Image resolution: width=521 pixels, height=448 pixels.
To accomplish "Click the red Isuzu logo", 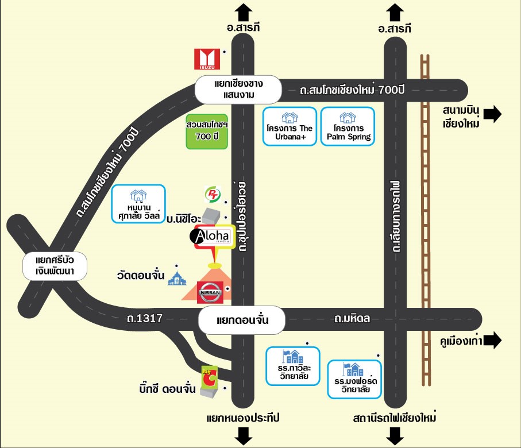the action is pyautogui.click(x=207, y=59).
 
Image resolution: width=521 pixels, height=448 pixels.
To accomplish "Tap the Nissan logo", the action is pyautogui.click(x=210, y=292).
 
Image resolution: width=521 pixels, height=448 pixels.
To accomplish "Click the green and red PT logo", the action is pyautogui.click(x=213, y=194).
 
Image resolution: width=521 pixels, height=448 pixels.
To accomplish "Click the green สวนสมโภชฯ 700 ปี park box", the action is pyautogui.click(x=207, y=132).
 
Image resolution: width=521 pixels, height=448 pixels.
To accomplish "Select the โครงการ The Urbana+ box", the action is pyautogui.click(x=290, y=126).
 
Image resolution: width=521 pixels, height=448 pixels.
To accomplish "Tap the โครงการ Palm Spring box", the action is pyautogui.click(x=348, y=126).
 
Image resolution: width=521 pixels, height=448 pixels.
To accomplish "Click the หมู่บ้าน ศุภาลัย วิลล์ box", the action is pyautogui.click(x=138, y=204).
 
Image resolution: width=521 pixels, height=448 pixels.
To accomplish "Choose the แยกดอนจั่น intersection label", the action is pyautogui.click(x=242, y=320).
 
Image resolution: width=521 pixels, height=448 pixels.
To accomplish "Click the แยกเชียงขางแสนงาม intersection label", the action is pyautogui.click(x=238, y=90).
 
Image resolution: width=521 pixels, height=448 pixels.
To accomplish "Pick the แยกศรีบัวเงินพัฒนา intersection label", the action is pyautogui.click(x=55, y=266).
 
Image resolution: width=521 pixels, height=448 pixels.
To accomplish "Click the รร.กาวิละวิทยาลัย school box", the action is pyautogui.click(x=293, y=366).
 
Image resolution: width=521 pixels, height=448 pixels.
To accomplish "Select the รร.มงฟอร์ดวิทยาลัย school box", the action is pyautogui.click(x=354, y=379).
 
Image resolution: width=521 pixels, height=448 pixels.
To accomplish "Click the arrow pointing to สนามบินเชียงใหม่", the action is pyautogui.click(x=492, y=114).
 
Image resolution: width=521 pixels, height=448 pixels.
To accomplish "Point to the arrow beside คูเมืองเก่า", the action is pyautogui.click(x=492, y=341).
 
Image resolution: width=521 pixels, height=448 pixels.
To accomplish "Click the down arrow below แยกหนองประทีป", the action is pyautogui.click(x=244, y=436).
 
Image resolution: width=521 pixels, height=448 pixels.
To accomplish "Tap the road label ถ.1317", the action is pyautogui.click(x=145, y=318).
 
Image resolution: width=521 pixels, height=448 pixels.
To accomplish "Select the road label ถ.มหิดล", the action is pyautogui.click(x=352, y=318).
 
